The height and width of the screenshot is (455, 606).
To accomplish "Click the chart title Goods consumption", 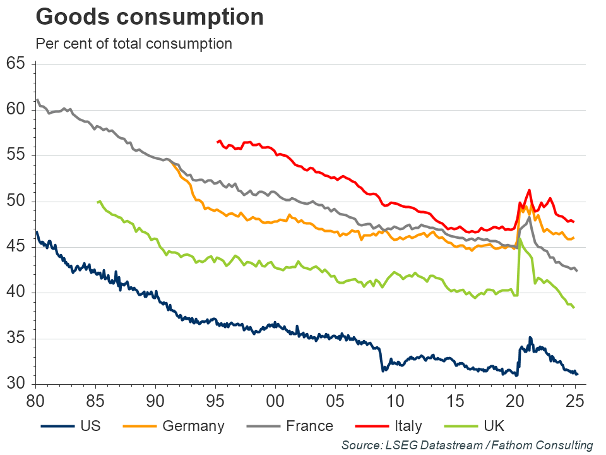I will click(150, 17).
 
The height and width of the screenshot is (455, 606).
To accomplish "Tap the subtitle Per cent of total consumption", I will click(134, 44).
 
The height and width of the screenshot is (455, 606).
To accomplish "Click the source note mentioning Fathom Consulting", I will click(467, 446).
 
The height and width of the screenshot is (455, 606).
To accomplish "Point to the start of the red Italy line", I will click(217, 142).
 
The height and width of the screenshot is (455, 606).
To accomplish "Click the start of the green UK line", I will click(97, 202).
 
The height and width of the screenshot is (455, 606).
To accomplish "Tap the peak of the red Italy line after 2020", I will click(529, 190).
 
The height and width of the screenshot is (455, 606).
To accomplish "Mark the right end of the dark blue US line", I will click(577, 374).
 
